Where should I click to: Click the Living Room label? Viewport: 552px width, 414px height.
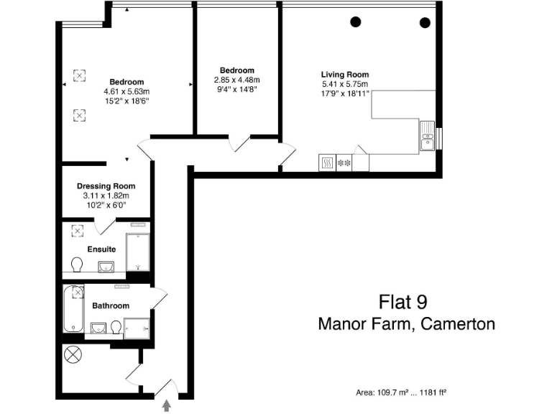click(x=345, y=74)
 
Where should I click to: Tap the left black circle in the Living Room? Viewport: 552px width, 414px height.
click(x=355, y=22)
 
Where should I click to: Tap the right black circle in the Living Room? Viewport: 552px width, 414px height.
click(x=424, y=22)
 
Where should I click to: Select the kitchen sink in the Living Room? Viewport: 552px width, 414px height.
click(x=428, y=136)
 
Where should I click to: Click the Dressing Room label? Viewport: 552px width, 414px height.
click(x=106, y=185)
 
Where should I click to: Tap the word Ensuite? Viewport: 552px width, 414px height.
click(x=101, y=249)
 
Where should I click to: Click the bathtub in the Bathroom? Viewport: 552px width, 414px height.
click(x=70, y=309)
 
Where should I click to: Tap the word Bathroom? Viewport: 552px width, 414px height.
click(x=111, y=305)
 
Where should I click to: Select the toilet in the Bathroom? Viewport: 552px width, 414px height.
click(x=115, y=328)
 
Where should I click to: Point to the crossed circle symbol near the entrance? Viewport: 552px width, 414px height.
click(x=72, y=354)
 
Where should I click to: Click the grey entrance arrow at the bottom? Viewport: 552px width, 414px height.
click(x=167, y=406)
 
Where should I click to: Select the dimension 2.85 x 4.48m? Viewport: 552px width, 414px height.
click(x=236, y=80)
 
